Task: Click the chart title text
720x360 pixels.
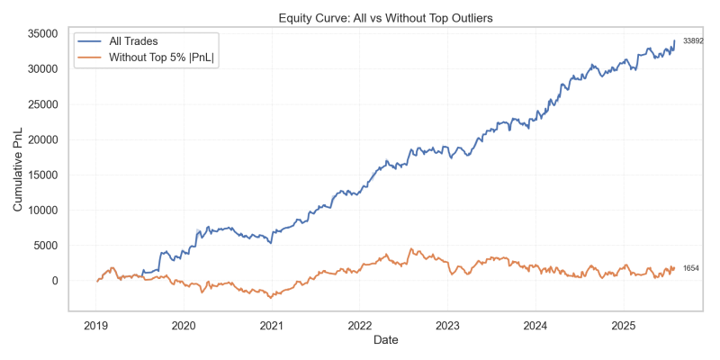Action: (x=384, y=16)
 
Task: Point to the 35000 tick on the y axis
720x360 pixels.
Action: (x=43, y=33)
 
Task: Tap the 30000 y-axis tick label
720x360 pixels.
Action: (x=43, y=68)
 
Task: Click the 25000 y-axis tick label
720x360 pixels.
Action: (x=43, y=104)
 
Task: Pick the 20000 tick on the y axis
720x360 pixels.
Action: (x=43, y=139)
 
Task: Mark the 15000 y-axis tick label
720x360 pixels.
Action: (x=43, y=175)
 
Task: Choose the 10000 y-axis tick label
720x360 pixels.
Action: (x=43, y=210)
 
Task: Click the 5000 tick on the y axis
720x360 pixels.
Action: (x=46, y=246)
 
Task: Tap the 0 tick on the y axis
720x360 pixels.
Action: (x=55, y=281)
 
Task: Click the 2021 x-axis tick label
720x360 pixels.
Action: (x=272, y=324)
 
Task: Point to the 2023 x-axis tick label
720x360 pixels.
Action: (x=447, y=324)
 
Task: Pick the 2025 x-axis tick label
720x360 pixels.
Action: (x=623, y=324)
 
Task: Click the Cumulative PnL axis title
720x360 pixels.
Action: (x=18, y=171)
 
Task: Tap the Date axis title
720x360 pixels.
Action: (x=384, y=340)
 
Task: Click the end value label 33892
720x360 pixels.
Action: (x=693, y=41)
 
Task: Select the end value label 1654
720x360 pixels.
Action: (x=691, y=269)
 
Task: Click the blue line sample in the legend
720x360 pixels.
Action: (x=89, y=42)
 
